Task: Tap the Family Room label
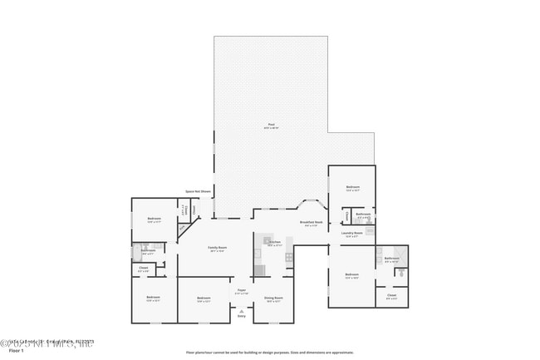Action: [x=218, y=249]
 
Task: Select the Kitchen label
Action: [x=275, y=243]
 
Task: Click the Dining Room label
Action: [x=273, y=298]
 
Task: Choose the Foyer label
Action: [x=242, y=291]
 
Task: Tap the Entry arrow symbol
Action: [x=242, y=309]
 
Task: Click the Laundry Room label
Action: [x=352, y=234]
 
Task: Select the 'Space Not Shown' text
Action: [x=198, y=191]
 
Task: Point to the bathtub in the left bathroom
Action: [x=138, y=249]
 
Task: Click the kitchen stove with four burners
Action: [x=288, y=257]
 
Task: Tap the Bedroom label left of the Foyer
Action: [x=204, y=298]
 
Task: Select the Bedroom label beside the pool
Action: [x=352, y=188]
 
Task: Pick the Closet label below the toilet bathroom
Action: [x=391, y=295]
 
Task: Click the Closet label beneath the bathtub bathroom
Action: [x=143, y=269]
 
